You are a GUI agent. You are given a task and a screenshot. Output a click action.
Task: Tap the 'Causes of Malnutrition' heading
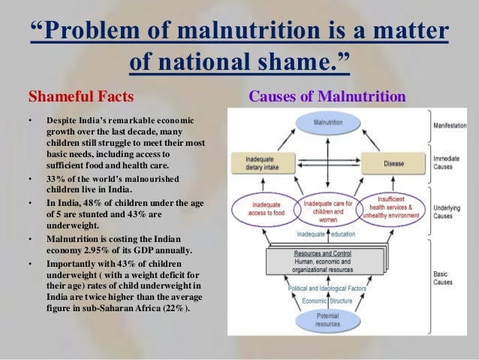tap(327, 97)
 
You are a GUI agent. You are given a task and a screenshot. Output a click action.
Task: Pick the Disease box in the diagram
tap(388, 163)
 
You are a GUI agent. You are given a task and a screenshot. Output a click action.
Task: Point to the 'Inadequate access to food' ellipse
tap(264, 211)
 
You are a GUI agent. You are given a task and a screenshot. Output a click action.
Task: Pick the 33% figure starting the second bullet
tap(56, 179)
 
